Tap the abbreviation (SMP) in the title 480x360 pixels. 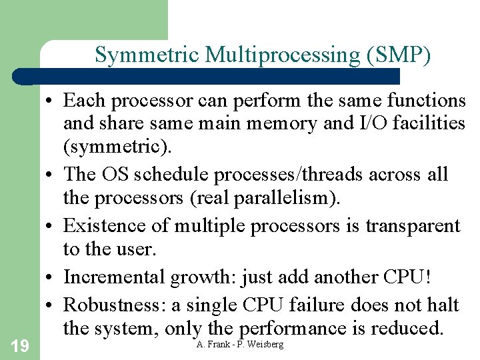pyautogui.click(x=398, y=55)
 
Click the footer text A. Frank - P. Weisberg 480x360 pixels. pyautogui.click(x=240, y=344)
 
